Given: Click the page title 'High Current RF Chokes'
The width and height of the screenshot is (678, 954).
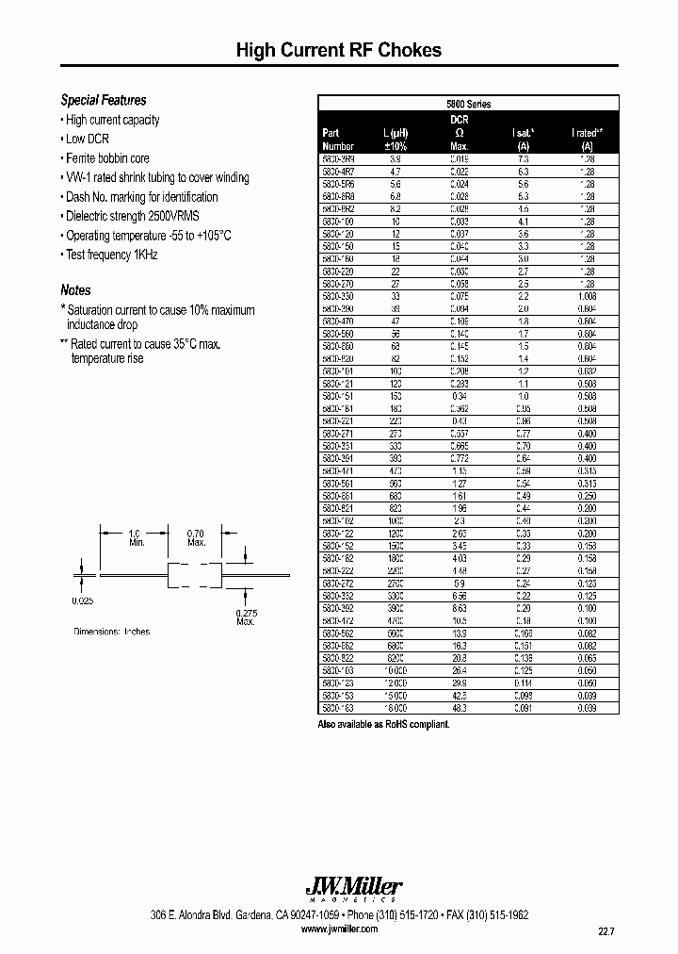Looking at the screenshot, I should (338, 51).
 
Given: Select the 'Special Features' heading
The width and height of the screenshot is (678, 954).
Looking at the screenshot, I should (104, 100).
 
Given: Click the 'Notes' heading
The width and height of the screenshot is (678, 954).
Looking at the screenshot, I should (75, 290).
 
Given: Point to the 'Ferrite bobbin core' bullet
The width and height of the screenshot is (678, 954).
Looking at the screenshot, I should (107, 158).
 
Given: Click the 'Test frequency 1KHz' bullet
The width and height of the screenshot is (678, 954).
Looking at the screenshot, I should (111, 255).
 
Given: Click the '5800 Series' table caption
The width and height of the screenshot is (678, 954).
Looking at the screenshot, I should (468, 104).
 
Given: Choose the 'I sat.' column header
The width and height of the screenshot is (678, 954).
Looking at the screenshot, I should (524, 134).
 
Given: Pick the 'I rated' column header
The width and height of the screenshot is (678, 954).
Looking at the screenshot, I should (587, 134).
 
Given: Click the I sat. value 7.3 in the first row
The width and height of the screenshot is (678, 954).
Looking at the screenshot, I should (524, 160).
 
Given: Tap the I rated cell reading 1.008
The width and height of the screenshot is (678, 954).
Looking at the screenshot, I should (586, 295).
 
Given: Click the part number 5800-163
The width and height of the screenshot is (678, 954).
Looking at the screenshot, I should (337, 707).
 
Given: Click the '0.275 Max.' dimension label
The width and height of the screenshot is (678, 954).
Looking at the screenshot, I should (247, 617).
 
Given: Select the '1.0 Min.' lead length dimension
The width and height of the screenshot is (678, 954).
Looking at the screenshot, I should (136, 537).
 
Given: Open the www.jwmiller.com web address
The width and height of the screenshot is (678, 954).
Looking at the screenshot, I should (339, 929).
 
